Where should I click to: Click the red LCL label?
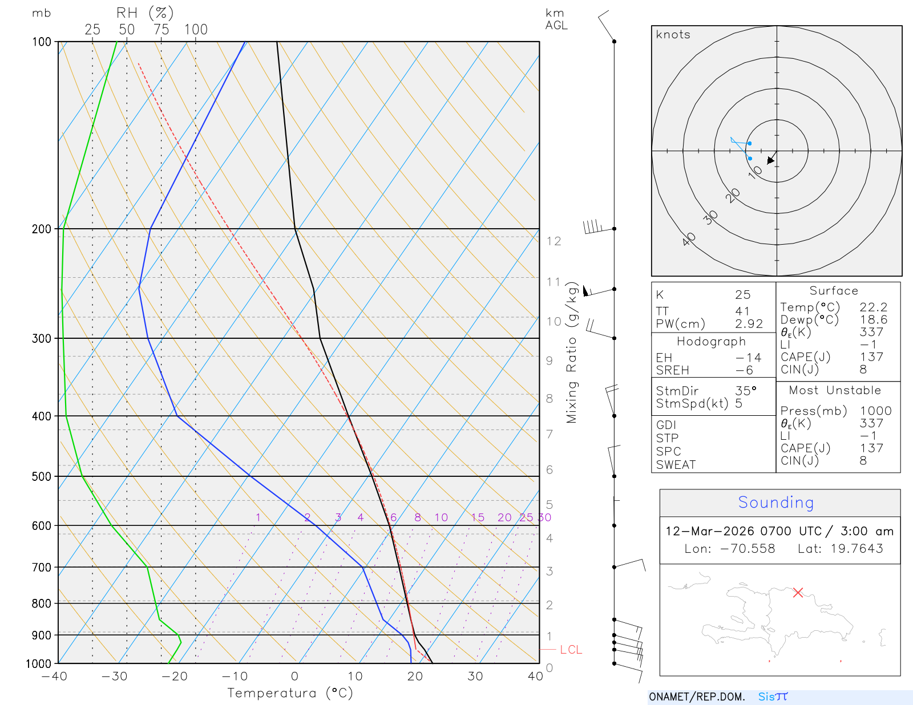571,650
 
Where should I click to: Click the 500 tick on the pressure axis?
42,476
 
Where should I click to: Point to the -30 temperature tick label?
114,676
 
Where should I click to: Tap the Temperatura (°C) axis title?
290,693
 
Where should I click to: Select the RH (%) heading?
144,13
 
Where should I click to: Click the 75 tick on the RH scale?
161,30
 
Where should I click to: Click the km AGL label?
556,19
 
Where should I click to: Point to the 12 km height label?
554,241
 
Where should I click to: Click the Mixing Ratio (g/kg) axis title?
572,352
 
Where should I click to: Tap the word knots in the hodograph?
673,35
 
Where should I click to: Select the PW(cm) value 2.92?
749,324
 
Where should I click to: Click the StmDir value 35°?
745,391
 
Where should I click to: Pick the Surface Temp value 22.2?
873,307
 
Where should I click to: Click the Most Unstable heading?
835,391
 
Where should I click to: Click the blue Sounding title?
775,503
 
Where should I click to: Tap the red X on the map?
798,593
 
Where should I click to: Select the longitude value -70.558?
748,549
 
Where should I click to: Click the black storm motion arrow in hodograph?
771,159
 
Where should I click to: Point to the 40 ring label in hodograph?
689,239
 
